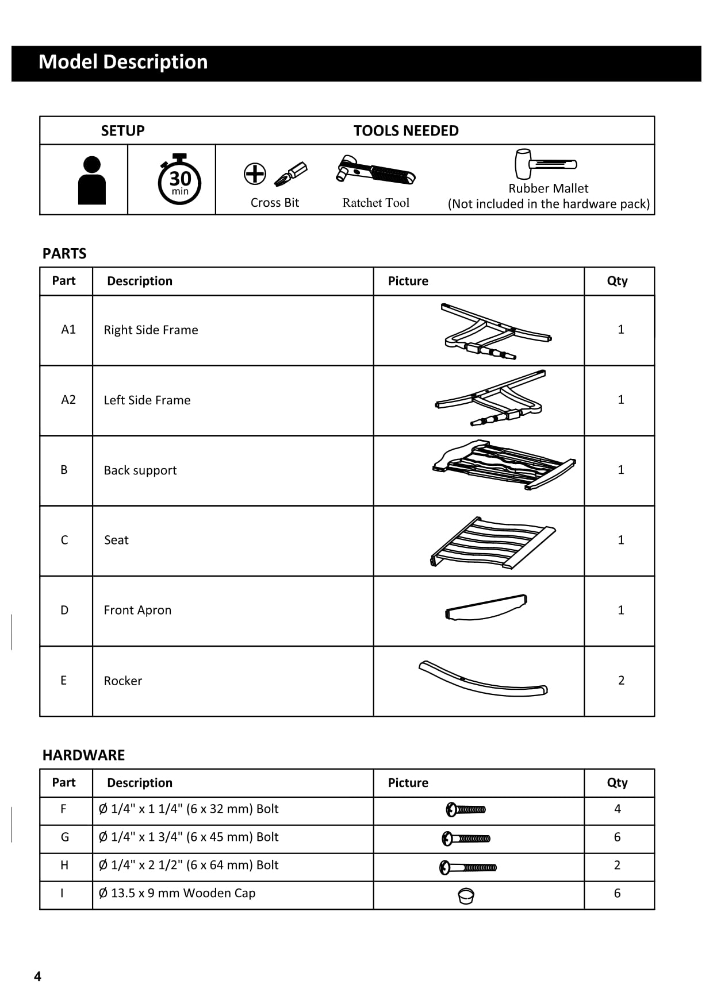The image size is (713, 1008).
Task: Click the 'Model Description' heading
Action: (x=123, y=62)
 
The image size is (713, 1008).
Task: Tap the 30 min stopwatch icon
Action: (x=179, y=180)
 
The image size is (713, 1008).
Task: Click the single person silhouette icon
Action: (x=91, y=180)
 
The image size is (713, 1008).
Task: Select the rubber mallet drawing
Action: (x=545, y=164)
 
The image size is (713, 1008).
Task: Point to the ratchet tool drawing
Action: (x=375, y=171)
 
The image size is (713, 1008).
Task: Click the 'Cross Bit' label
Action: (x=275, y=203)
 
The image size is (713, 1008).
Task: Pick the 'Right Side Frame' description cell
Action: (x=151, y=330)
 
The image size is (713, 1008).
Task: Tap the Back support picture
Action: (x=504, y=465)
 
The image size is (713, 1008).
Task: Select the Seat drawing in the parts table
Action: (x=492, y=543)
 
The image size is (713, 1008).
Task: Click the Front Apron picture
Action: (x=486, y=608)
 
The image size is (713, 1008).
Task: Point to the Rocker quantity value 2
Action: (x=621, y=681)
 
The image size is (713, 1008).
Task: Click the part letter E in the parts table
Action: (x=64, y=681)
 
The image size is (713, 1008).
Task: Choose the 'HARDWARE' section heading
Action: (x=83, y=755)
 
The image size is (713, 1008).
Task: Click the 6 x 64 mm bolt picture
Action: (x=467, y=867)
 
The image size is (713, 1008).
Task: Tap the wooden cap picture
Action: (x=466, y=895)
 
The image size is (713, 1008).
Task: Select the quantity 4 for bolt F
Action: (x=618, y=809)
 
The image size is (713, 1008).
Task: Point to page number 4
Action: (x=38, y=976)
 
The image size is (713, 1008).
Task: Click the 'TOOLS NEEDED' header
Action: (x=406, y=131)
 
